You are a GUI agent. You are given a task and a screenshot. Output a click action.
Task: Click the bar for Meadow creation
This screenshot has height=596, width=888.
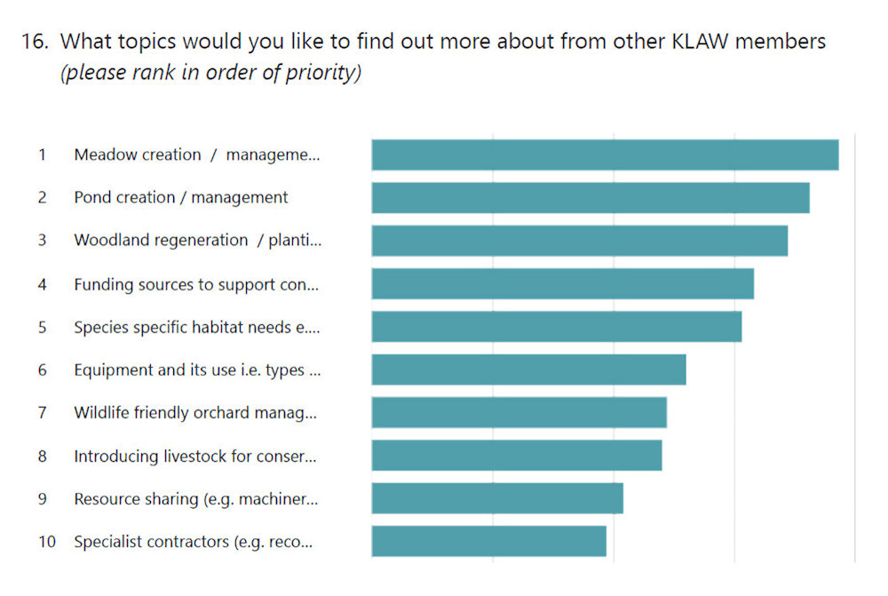click(x=605, y=155)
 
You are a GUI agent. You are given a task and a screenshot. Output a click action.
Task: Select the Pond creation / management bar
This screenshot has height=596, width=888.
click(x=591, y=197)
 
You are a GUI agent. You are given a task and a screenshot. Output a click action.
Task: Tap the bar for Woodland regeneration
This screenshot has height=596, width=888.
click(x=579, y=241)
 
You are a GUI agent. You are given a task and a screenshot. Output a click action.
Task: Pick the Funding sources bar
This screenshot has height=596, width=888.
click(x=562, y=283)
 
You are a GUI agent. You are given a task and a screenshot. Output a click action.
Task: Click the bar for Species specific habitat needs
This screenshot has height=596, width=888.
click(x=556, y=327)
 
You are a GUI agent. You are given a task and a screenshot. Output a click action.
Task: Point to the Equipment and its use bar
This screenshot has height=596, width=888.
click(x=528, y=370)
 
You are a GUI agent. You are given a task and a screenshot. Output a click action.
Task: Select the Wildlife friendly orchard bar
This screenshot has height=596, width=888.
click(x=519, y=413)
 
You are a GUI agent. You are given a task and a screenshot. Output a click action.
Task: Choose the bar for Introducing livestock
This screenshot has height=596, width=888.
click(x=516, y=456)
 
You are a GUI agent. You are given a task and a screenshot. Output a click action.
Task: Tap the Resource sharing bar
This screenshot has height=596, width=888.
click(x=497, y=498)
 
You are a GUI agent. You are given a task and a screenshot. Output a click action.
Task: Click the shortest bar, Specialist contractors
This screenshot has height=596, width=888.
click(x=488, y=541)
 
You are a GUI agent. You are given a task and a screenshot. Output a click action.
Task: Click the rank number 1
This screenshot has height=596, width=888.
click(x=42, y=155)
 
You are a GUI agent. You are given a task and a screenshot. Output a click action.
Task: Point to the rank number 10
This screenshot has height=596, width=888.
click(x=46, y=541)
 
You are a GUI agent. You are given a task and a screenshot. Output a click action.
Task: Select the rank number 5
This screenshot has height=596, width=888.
click(x=42, y=327)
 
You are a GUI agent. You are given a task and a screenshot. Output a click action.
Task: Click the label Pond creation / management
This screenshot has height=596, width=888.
click(x=180, y=197)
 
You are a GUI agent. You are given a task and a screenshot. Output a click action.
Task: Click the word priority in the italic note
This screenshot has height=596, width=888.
click(x=321, y=73)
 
